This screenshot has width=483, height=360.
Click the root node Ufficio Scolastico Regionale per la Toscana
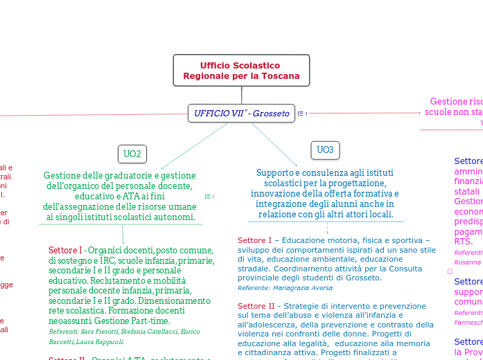(x=241, y=70)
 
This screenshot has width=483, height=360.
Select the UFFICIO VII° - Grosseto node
(x=241, y=113)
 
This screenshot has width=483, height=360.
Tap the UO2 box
(x=132, y=154)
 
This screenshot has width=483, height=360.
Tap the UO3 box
(x=325, y=150)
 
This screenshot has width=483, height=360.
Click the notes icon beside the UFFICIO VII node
(x=302, y=114)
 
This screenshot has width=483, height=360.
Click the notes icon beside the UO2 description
(x=209, y=197)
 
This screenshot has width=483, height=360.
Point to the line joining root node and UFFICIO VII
(x=241, y=95)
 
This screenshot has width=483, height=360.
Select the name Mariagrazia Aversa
(x=303, y=288)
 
